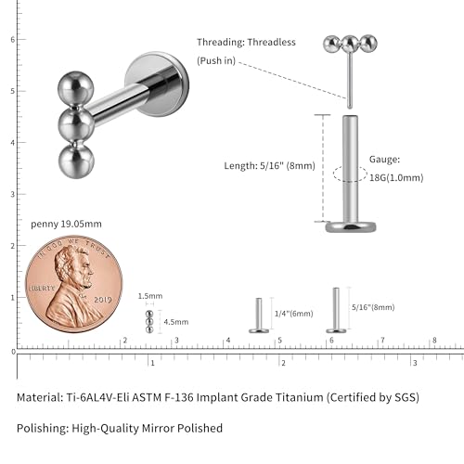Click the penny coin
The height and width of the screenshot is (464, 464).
coord(74,284)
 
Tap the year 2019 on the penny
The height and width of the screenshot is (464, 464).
coord(103,300)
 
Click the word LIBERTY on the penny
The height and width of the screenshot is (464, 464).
coord(42,288)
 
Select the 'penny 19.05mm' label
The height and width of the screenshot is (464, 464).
coord(66,224)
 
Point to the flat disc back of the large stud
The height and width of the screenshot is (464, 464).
coord(157,84)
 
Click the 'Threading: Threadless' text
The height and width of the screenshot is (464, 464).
coord(246,42)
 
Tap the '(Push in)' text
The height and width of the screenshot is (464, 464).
coord(216,60)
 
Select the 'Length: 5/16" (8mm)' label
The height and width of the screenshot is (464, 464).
coord(269,166)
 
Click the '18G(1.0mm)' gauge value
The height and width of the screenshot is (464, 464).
coord(396,178)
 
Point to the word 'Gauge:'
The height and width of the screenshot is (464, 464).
coord(384,160)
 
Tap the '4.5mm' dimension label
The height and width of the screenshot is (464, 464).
coord(176,322)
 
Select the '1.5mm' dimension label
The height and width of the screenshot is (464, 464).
coord(150,296)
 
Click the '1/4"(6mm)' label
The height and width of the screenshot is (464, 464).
coord(294,314)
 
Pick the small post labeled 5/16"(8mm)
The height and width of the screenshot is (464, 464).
coord(336,310)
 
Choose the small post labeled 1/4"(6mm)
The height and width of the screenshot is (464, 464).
coord(259,316)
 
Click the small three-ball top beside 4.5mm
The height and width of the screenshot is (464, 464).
coord(149,322)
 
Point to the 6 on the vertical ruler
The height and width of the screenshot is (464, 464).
coord(13,40)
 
